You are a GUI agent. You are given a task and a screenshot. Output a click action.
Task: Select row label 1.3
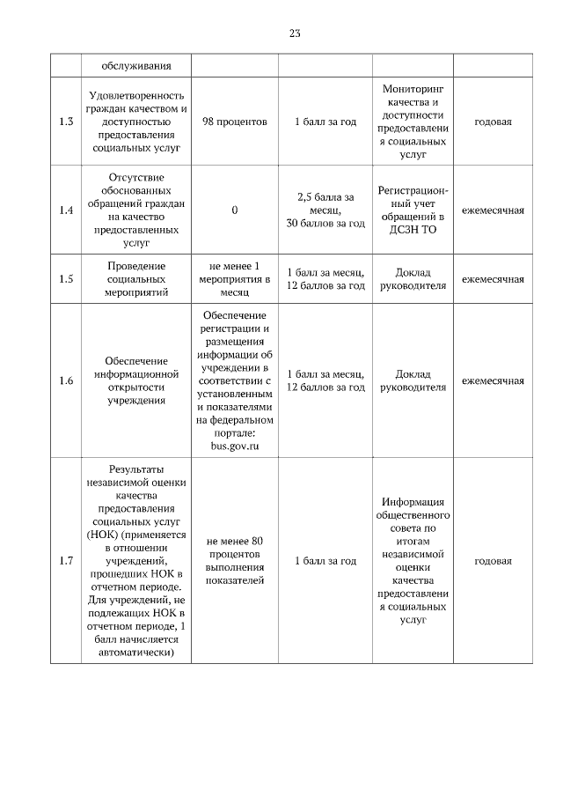pos(65,122)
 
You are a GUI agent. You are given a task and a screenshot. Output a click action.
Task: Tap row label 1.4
pos(65,210)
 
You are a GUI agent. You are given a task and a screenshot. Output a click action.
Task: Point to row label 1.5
pos(65,279)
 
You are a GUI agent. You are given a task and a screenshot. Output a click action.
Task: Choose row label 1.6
pos(65,380)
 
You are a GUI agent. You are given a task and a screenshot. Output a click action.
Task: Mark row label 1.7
pos(65,561)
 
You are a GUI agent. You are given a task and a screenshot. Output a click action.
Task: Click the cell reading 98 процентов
pos(235,122)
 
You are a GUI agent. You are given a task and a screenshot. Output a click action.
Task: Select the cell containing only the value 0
pos(235,210)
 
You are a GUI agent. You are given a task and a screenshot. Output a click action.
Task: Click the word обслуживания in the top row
pos(135,66)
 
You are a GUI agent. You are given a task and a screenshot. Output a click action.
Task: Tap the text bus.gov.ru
pos(235,446)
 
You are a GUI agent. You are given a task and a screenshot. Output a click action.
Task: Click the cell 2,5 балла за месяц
pos(325,203)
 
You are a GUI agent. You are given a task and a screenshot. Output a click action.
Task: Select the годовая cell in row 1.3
pos(493,122)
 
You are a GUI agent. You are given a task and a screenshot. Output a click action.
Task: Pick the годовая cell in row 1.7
pos(493,561)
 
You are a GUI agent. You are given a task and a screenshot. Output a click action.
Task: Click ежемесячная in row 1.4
pos(493,210)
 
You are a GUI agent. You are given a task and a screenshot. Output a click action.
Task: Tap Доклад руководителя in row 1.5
pos(413,279)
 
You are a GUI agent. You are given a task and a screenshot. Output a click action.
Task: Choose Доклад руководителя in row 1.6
pos(413,380)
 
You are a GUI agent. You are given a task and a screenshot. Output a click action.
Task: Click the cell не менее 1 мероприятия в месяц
pos(235,279)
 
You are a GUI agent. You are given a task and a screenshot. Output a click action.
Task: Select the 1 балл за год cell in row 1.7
pos(325,561)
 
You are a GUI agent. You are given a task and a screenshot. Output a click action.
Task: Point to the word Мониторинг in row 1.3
pos(413,89)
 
